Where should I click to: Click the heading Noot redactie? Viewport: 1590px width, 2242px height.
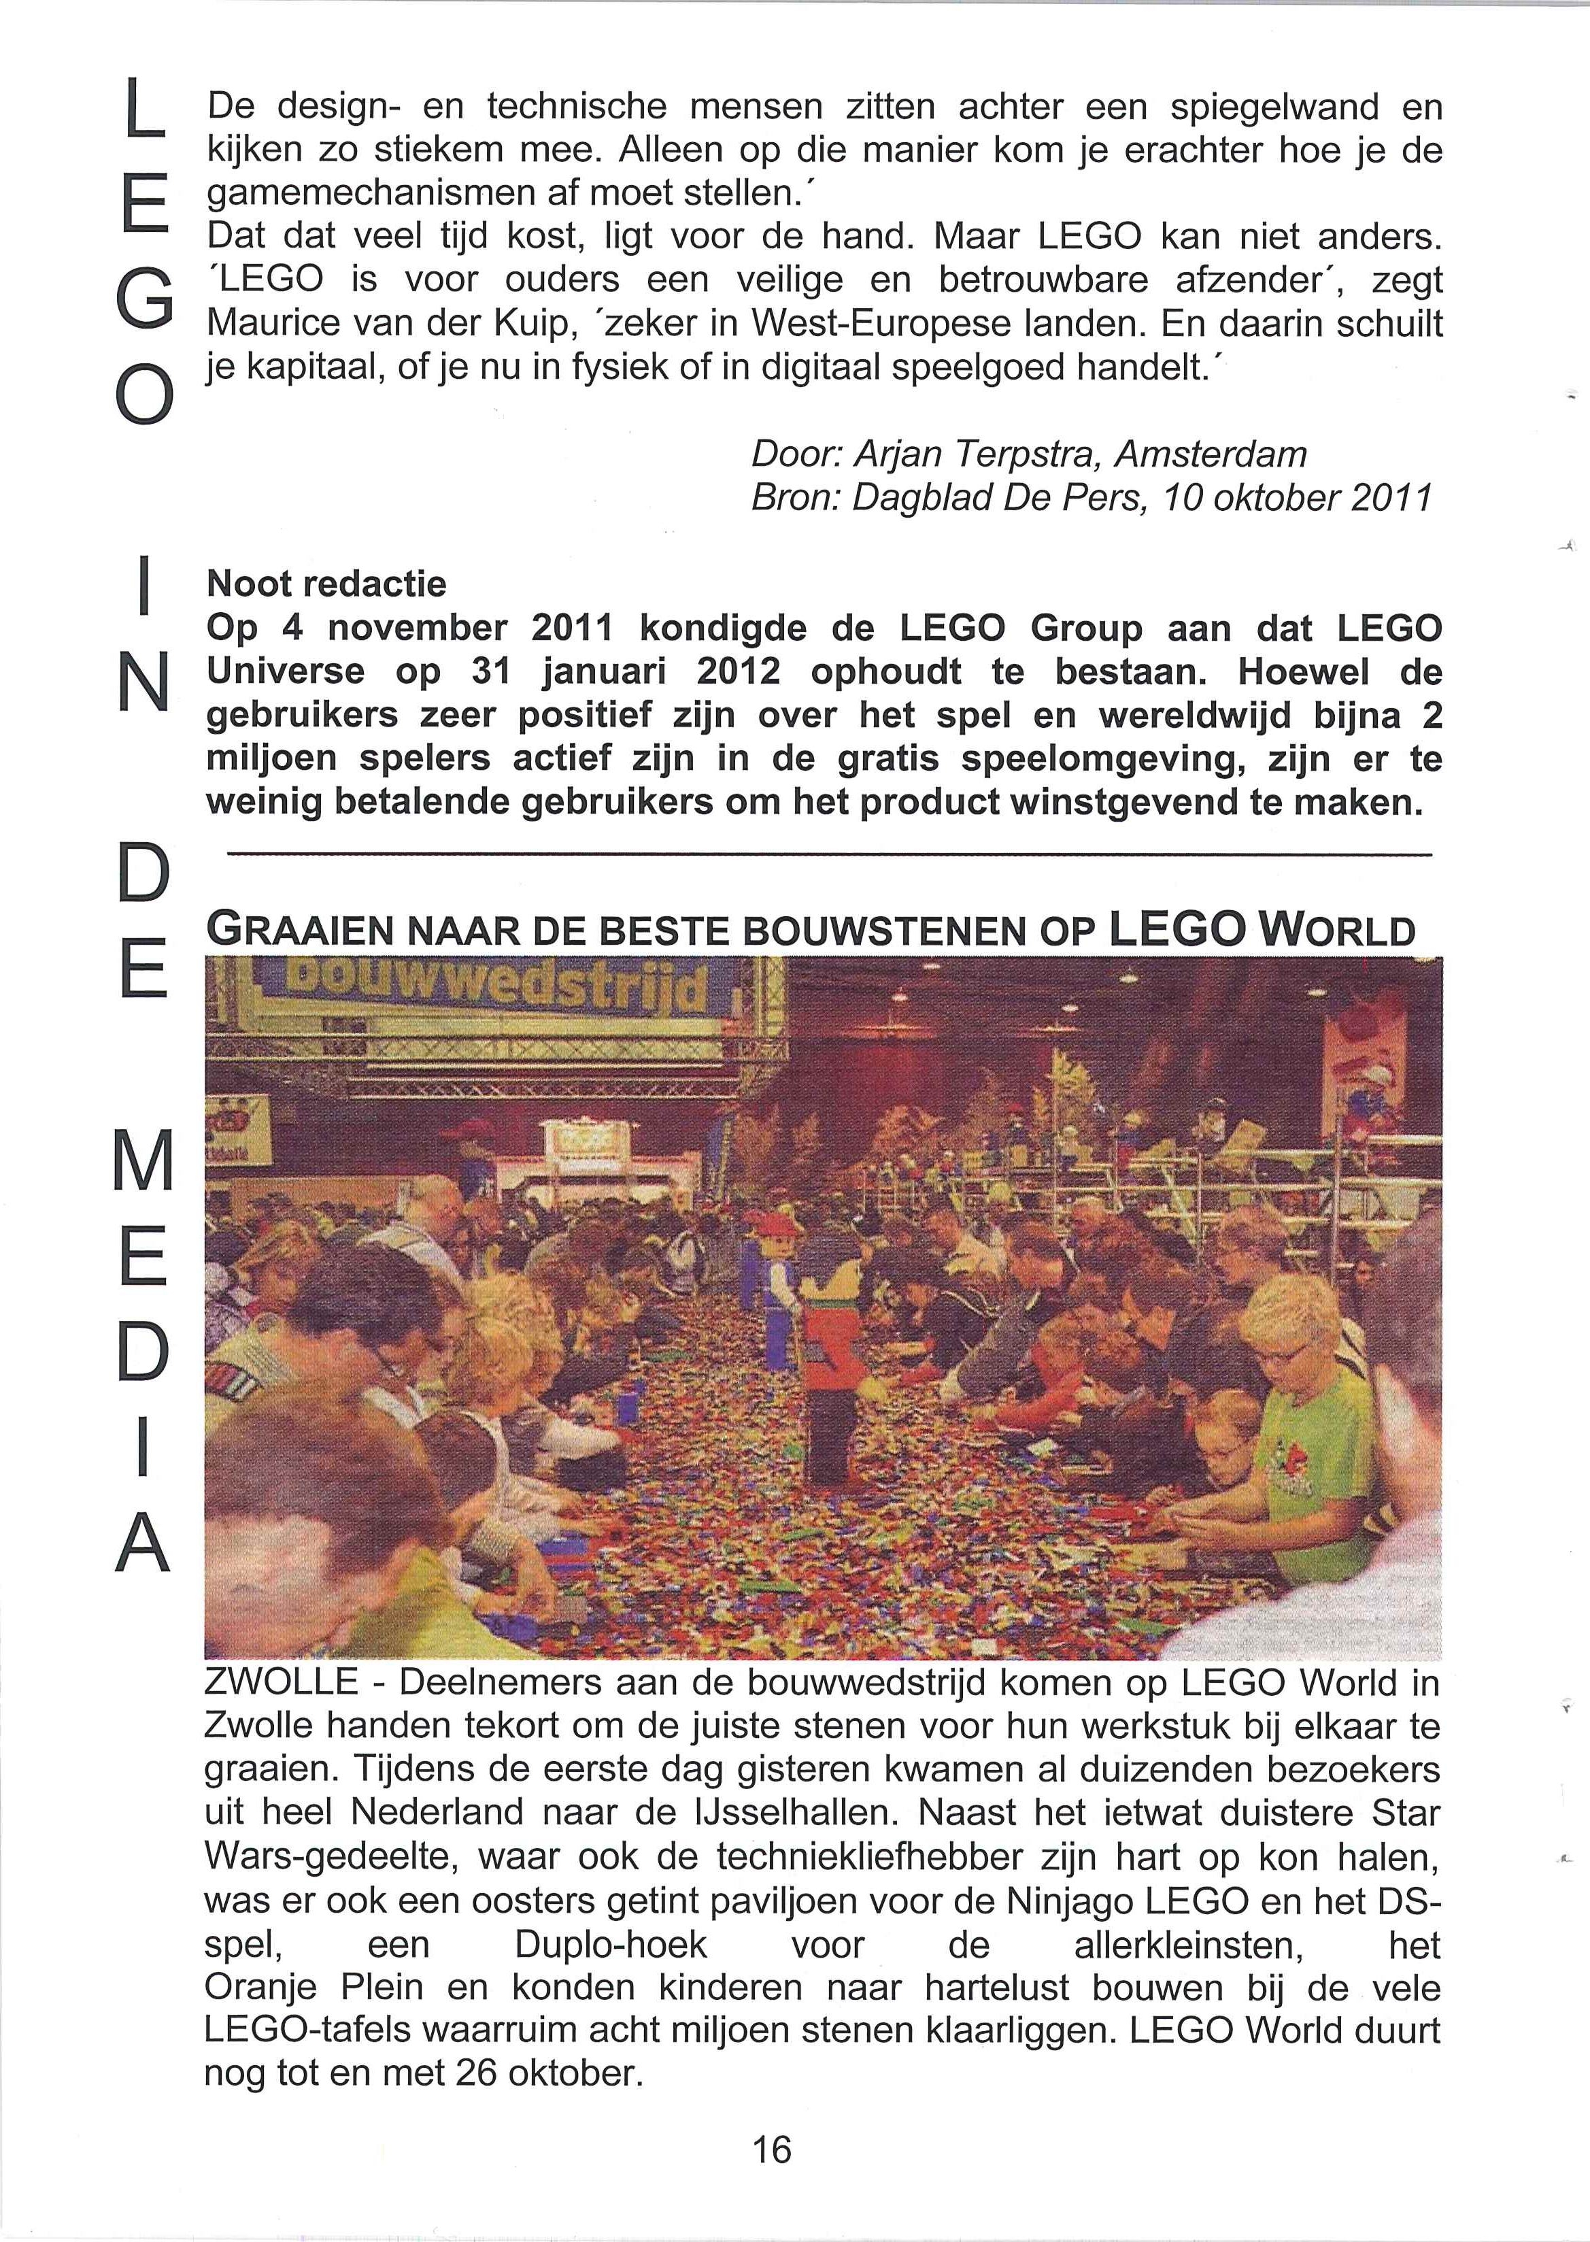pos(326,584)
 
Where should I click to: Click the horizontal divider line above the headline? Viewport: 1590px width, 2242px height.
pos(828,856)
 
